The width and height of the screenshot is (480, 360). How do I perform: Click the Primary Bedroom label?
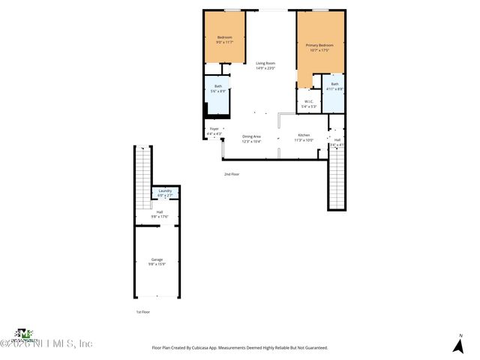click(319, 46)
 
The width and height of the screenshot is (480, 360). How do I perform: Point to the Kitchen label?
click(304, 136)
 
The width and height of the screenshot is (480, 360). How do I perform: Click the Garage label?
click(156, 259)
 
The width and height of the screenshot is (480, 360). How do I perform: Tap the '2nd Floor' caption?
click(231, 174)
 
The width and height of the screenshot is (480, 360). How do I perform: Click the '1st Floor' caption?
click(142, 311)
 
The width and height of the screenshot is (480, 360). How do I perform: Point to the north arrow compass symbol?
click(457, 343)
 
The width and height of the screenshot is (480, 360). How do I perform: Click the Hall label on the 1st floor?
click(159, 212)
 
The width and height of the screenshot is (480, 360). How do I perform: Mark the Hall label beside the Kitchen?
click(337, 140)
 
